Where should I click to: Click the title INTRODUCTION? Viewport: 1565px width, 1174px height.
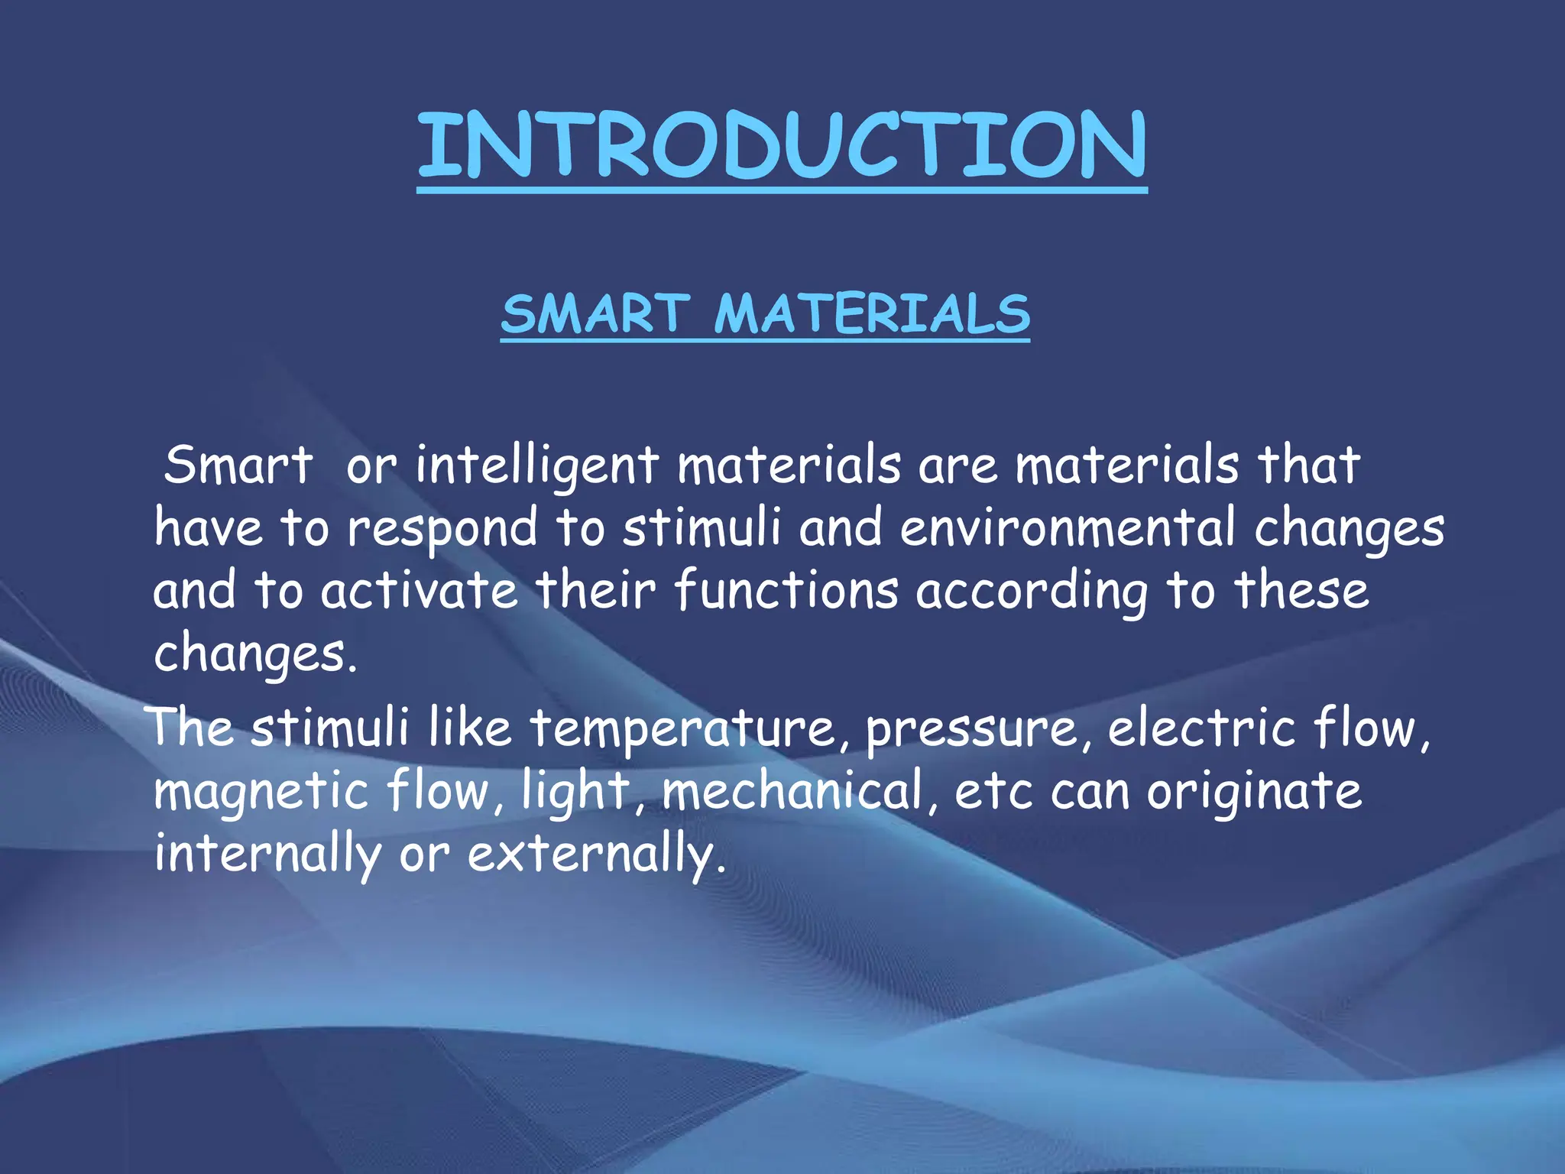(x=782, y=145)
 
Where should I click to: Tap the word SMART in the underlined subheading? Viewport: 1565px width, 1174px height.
(x=596, y=314)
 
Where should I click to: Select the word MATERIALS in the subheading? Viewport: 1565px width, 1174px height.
(x=872, y=314)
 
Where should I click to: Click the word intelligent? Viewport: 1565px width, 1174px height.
(x=537, y=465)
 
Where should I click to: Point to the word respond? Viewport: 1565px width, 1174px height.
(x=443, y=529)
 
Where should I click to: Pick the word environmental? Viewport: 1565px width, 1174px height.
(x=1068, y=528)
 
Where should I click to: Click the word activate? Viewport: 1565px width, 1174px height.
(x=420, y=591)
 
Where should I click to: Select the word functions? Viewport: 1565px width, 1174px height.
(x=787, y=591)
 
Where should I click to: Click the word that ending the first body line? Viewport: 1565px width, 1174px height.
(x=1309, y=465)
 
